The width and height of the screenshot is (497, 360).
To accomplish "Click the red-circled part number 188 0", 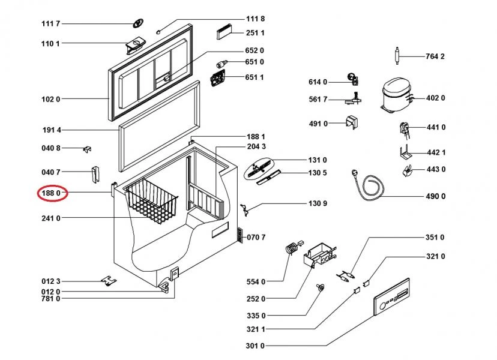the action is [x=50, y=193].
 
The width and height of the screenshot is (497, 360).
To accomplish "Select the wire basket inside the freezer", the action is [x=151, y=200].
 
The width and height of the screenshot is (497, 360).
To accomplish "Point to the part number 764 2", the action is [x=435, y=56].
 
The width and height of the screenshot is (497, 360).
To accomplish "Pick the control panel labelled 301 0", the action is [x=392, y=297].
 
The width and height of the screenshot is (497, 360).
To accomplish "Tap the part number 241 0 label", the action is [x=50, y=218].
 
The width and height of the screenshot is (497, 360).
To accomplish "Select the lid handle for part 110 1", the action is [x=135, y=46].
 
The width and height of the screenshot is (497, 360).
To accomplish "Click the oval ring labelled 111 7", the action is [x=137, y=23].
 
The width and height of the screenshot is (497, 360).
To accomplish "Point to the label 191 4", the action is [x=52, y=130].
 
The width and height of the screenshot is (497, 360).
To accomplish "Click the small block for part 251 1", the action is [x=224, y=32].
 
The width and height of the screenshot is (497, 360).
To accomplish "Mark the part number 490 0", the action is [x=436, y=196].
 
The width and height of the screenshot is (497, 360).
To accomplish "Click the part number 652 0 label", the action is [x=255, y=51].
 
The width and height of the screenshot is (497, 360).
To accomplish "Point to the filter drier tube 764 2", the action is [x=397, y=56].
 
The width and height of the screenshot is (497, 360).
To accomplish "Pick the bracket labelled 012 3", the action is [x=109, y=280].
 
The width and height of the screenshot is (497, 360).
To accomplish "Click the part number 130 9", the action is [x=318, y=203].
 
